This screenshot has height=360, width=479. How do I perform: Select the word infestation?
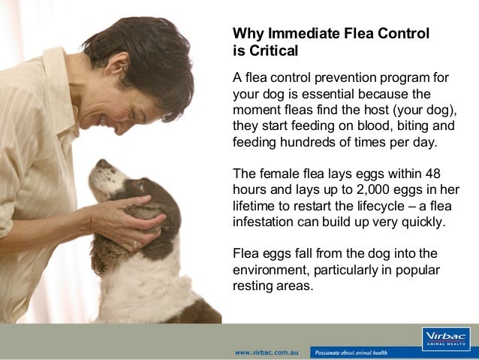pyautogui.click(x=267, y=222)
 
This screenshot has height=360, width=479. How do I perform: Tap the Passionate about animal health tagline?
pyautogui.click(x=351, y=352)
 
